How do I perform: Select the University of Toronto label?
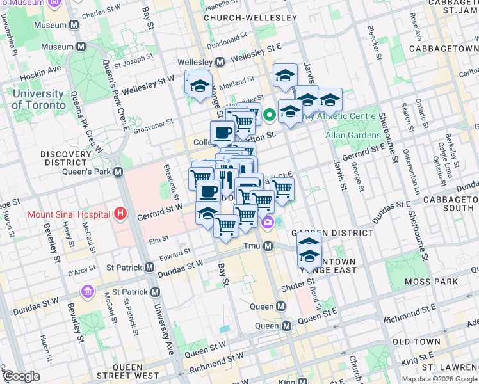coord(38,100)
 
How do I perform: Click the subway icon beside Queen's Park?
coord(118,172)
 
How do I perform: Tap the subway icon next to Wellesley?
coord(220,62)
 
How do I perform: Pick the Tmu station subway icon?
coord(269,246)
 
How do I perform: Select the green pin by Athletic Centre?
coord(270,115)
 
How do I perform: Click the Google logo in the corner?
coord(21,376)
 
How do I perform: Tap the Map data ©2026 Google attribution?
coord(439,379)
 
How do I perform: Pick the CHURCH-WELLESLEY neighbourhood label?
coord(250,18)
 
